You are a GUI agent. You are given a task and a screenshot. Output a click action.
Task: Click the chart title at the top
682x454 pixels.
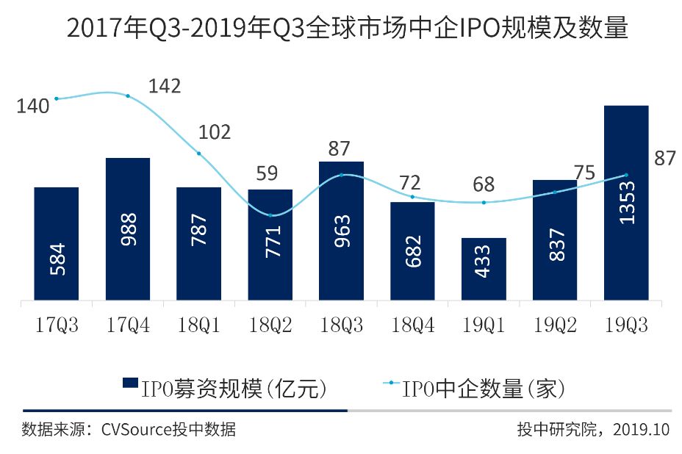[340, 29]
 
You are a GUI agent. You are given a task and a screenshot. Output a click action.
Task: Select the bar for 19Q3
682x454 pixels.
[625, 220]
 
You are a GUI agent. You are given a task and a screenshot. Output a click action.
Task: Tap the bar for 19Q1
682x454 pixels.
[483, 269]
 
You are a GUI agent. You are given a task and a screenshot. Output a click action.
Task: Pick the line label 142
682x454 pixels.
[165, 87]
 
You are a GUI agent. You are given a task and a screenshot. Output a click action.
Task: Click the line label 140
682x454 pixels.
[34, 106]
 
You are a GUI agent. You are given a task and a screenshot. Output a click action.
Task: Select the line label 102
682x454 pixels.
[215, 132]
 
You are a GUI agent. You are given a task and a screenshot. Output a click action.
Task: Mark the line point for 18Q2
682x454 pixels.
[270, 215]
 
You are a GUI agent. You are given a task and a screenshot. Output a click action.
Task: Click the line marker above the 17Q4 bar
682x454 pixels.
[128, 96]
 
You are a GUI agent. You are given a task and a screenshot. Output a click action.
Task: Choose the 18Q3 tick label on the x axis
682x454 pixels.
[341, 324]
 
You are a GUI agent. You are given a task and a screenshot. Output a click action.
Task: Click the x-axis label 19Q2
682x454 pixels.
[555, 324]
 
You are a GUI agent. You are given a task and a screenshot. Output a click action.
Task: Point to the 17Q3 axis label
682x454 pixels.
[57, 324]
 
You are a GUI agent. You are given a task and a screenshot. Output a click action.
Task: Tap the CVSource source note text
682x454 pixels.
[129, 430]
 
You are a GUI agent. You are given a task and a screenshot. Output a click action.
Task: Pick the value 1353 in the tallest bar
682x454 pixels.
[625, 201]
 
